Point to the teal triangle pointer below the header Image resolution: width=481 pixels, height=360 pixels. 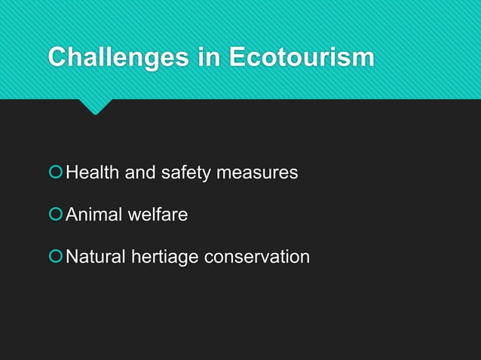click(x=95, y=106)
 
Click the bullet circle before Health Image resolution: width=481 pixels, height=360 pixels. click(x=55, y=173)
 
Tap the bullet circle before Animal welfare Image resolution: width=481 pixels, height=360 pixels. click(x=55, y=215)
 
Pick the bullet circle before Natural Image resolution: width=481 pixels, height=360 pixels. click(x=55, y=257)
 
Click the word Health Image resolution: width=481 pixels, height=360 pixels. click(x=93, y=173)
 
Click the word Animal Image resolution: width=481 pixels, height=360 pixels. click(x=93, y=215)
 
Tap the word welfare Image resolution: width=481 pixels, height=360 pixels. click(x=157, y=215)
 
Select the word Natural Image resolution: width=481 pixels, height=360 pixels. click(x=96, y=257)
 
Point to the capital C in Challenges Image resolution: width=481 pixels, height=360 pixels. click(x=57, y=57)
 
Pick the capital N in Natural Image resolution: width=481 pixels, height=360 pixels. click(x=72, y=257)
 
